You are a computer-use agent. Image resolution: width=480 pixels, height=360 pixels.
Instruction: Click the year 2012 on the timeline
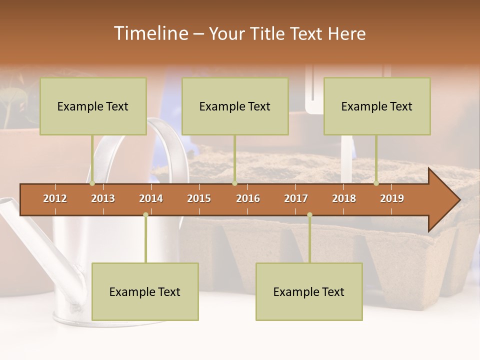[x=55, y=198]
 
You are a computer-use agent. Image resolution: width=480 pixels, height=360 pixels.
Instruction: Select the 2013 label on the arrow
[x=103, y=198]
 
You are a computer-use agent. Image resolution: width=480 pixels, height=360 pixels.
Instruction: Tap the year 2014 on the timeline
[x=151, y=198]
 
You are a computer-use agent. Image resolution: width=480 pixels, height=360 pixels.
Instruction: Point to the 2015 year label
[x=199, y=198]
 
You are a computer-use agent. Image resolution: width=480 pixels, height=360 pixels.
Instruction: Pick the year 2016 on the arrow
[x=248, y=198]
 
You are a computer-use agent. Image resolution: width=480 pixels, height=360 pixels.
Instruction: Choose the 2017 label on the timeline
[x=296, y=198]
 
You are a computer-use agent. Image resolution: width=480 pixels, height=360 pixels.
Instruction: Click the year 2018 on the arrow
[x=344, y=198]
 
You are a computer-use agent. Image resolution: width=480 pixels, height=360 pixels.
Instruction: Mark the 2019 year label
[x=392, y=198]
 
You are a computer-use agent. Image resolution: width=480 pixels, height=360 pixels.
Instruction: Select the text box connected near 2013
[x=93, y=106]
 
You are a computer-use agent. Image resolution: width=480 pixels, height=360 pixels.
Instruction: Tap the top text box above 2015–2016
[x=235, y=106]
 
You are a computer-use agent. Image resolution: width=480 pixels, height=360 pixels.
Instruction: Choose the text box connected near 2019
[x=377, y=106]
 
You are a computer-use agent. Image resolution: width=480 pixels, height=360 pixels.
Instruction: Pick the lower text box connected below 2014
[x=145, y=291]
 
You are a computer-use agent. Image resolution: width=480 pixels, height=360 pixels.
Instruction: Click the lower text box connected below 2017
[x=309, y=291]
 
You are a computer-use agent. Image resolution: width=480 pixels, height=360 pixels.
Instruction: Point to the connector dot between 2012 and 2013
[x=92, y=183]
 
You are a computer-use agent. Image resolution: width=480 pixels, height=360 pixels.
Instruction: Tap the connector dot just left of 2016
[x=234, y=183]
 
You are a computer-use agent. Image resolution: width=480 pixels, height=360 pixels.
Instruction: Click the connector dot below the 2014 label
[x=145, y=214]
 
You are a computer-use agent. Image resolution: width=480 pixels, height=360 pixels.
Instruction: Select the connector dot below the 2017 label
[x=309, y=214]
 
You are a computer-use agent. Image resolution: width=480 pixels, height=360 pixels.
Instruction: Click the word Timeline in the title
[x=150, y=33]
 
